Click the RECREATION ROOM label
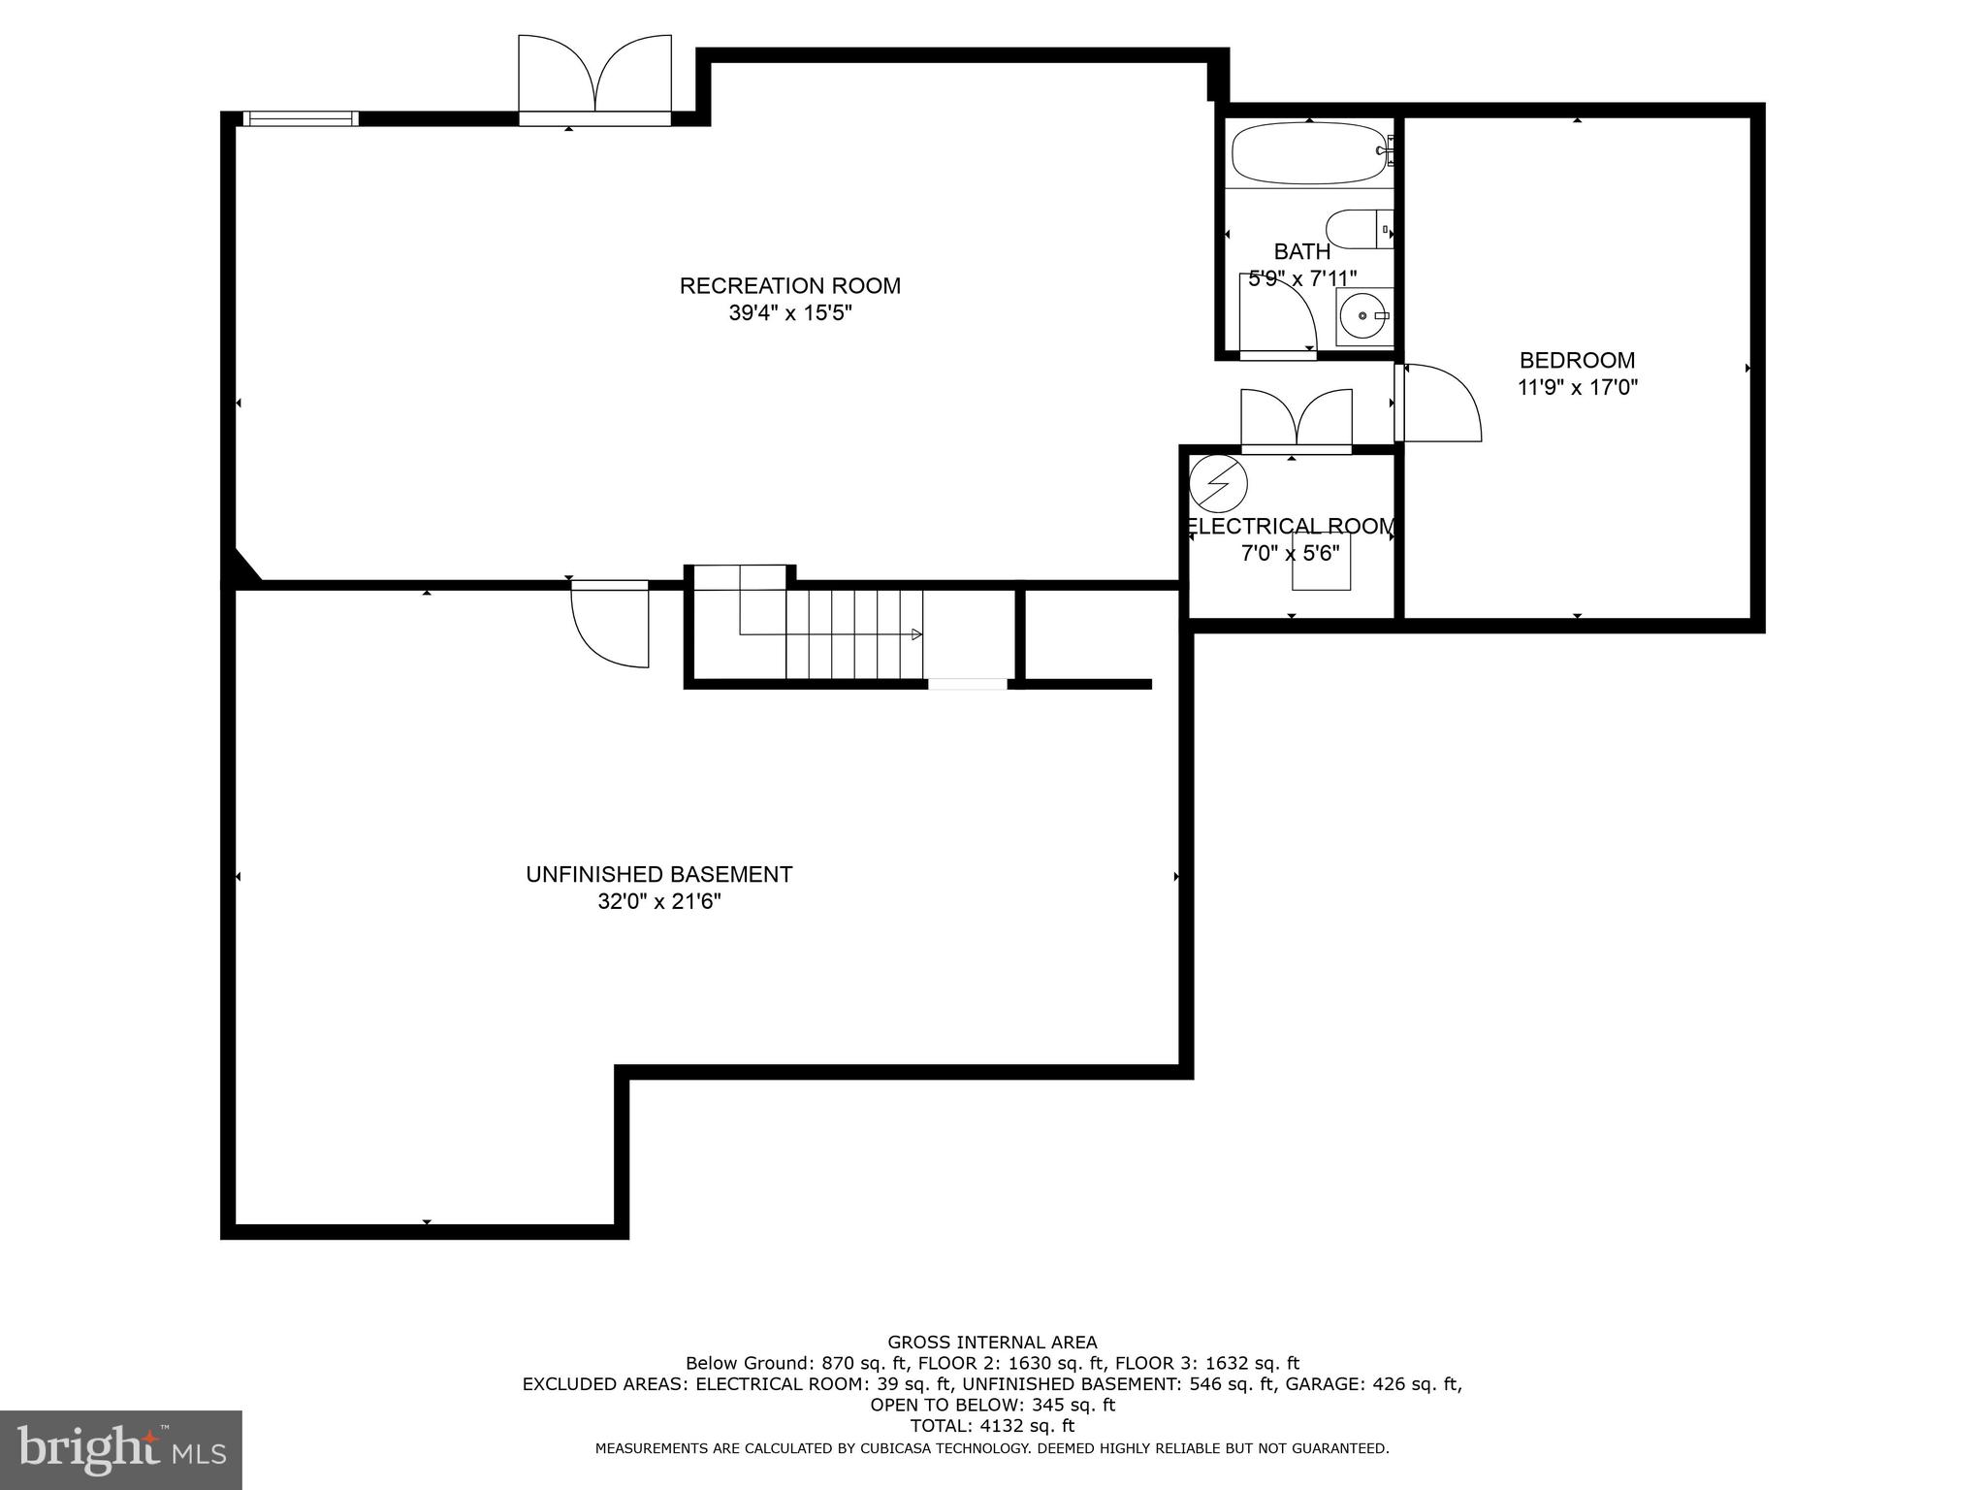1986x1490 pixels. coord(789,286)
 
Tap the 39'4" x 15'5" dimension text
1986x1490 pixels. coord(789,313)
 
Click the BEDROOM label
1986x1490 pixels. coord(1577,361)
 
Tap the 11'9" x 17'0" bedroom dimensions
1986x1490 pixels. coord(1577,388)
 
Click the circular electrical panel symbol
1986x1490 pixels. coord(1218,483)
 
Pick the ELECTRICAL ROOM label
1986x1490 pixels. coord(1290,527)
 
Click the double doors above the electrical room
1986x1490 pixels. coord(1297,418)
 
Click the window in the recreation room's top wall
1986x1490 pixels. coord(300,118)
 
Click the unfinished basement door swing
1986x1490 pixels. coord(611,626)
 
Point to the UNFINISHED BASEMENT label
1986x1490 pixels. coord(658,875)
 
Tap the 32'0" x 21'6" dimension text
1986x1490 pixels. coord(658,902)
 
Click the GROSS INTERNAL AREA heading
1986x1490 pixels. coord(992,1343)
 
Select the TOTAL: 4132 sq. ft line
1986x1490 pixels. coord(992,1426)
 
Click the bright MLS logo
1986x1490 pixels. coord(120,1450)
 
